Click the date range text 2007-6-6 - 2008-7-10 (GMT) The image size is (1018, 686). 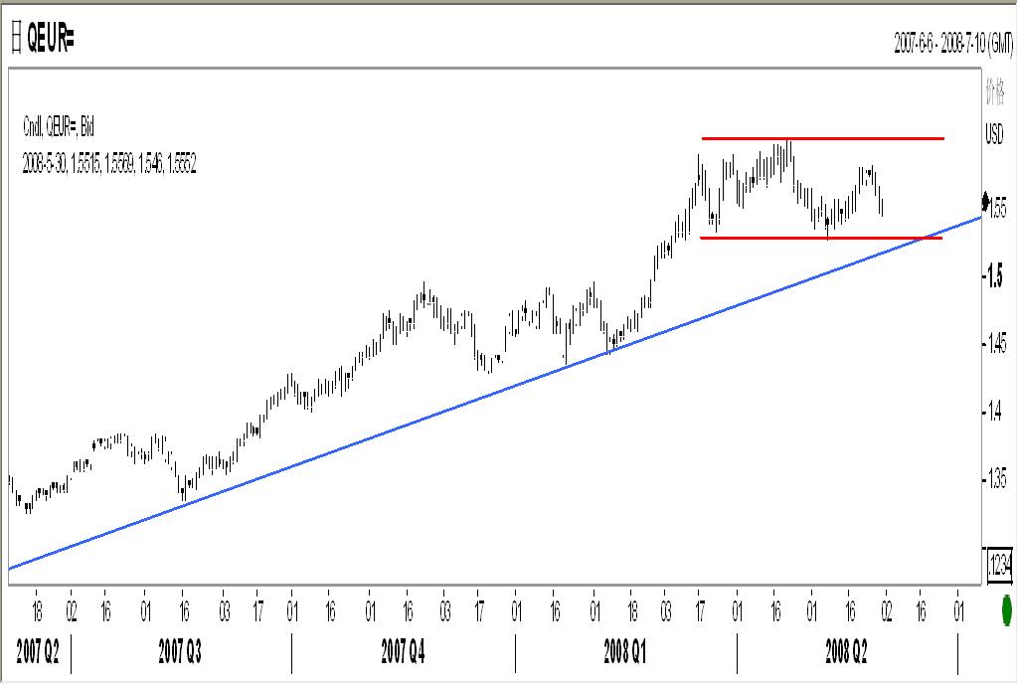coord(952,45)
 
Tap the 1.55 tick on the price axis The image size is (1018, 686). coord(997,210)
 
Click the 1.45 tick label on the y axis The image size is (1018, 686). coord(997,344)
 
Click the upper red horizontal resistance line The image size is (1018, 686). coord(822,138)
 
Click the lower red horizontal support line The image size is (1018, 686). coord(822,239)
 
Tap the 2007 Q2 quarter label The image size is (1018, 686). coord(37,651)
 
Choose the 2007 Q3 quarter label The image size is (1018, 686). coord(181,651)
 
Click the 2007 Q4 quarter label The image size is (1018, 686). coord(404,651)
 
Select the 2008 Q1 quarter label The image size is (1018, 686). coord(626,651)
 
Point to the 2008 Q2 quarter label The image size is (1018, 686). coord(847,651)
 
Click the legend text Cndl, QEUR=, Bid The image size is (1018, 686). coord(59,126)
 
